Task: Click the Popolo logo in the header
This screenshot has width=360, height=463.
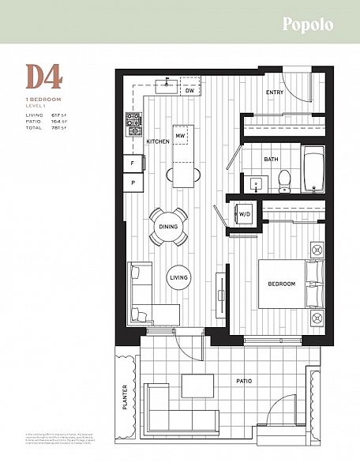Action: pyautogui.click(x=308, y=24)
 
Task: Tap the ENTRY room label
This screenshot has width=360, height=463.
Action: pyautogui.click(x=274, y=92)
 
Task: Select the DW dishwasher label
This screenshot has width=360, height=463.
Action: pyautogui.click(x=189, y=92)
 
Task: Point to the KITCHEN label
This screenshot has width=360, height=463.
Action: pyautogui.click(x=159, y=141)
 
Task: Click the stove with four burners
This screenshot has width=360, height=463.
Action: pyautogui.click(x=133, y=121)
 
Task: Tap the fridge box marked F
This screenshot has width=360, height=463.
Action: pyautogui.click(x=131, y=164)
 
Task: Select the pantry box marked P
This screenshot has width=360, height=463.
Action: pyautogui.click(x=131, y=183)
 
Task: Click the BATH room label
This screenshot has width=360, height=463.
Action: pyautogui.click(x=271, y=160)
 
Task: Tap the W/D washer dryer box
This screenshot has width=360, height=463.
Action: pyautogui.click(x=244, y=213)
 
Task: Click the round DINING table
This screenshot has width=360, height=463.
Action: pyautogui.click(x=170, y=227)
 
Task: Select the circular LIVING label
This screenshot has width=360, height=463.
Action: pyautogui.click(x=178, y=277)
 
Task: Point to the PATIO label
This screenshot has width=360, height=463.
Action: pyautogui.click(x=244, y=382)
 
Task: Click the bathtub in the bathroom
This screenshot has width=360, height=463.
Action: pyautogui.click(x=313, y=171)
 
